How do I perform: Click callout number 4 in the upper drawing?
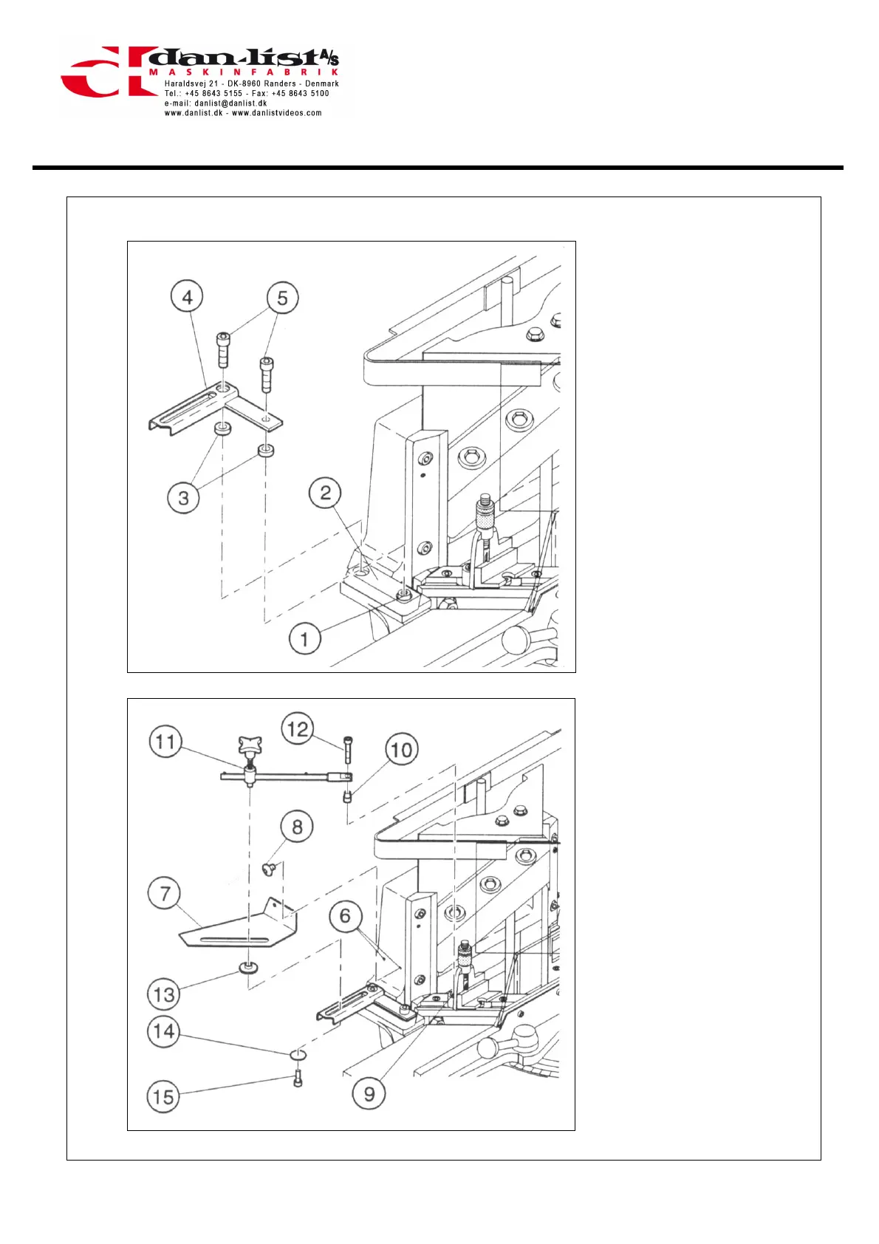click(x=187, y=297)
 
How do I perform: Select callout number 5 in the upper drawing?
click(x=282, y=298)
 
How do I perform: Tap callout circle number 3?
click(x=183, y=498)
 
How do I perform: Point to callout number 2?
click(x=325, y=493)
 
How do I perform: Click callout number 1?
click(x=304, y=638)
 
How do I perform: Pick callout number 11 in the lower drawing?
click(x=165, y=742)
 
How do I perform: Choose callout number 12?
click(x=297, y=730)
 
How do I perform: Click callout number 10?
click(x=401, y=751)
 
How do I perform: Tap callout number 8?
click(x=297, y=827)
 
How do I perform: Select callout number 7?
click(x=164, y=894)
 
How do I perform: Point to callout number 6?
click(x=345, y=917)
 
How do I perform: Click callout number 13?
click(x=164, y=994)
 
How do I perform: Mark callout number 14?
click(x=163, y=1031)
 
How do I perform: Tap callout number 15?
click(x=163, y=1096)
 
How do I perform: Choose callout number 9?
click(x=369, y=1093)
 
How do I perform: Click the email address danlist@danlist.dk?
click(x=230, y=103)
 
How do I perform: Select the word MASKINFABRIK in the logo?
click(x=244, y=72)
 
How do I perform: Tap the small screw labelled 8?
click(x=270, y=869)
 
